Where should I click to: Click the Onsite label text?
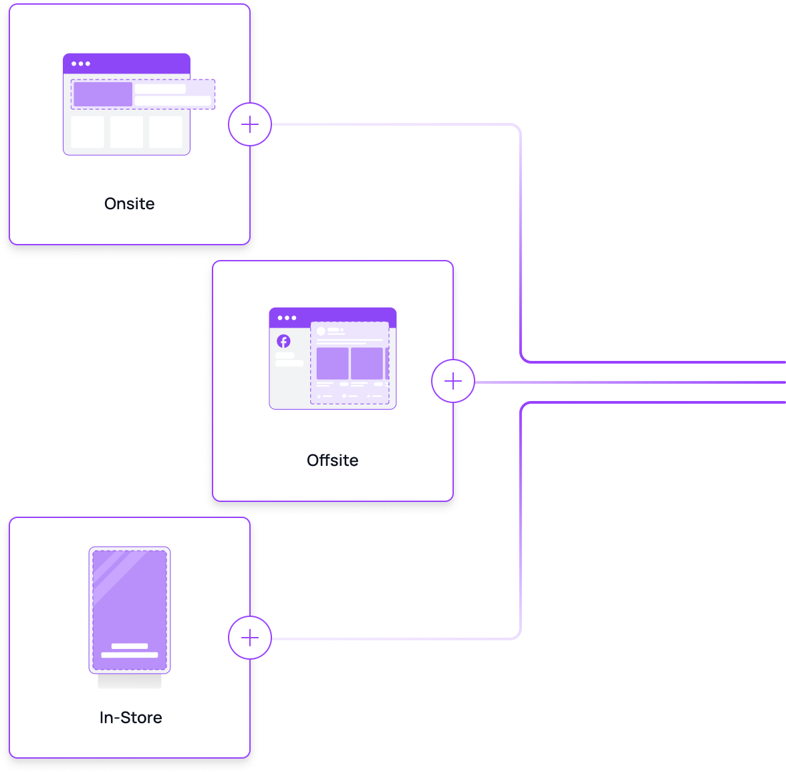coord(129,204)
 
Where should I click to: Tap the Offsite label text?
coord(332,461)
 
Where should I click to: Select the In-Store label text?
coord(130,718)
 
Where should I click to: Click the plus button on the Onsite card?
coord(250,125)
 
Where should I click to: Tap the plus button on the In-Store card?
coord(250,638)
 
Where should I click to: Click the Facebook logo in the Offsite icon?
coord(283,342)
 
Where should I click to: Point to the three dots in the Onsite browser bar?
coord(81,64)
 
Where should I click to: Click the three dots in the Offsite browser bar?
coord(287,318)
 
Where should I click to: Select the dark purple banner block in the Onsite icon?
coord(102,94)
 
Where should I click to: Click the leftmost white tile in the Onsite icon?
coord(87,132)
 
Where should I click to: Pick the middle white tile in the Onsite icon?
coord(126,132)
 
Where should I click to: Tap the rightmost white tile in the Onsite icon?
coord(165,132)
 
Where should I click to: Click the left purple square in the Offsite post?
coord(332,364)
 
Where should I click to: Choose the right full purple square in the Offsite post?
coord(367,364)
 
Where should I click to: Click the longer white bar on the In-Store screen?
coord(130,655)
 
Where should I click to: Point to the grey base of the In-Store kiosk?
coord(130,681)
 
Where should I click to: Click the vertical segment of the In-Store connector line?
coord(520,521)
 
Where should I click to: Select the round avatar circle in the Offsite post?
coord(321,331)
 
